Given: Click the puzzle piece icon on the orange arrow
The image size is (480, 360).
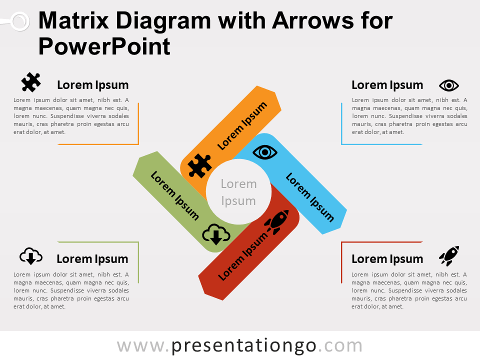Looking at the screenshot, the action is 200,165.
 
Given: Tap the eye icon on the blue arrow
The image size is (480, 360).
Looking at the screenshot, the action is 265,152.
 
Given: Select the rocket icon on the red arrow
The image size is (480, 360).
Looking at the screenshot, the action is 276,222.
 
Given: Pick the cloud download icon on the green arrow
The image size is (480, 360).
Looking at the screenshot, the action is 216,234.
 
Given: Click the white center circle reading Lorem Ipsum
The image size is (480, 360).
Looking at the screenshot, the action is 239,192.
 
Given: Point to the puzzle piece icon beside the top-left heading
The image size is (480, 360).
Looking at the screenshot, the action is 31,82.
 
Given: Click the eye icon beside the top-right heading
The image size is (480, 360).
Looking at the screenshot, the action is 449,85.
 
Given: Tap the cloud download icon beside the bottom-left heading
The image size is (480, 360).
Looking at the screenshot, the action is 31,256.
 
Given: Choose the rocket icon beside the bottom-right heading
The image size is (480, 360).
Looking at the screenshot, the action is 449,256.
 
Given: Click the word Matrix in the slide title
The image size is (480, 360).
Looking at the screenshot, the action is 74,20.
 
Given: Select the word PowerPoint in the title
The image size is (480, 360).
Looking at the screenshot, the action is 104,46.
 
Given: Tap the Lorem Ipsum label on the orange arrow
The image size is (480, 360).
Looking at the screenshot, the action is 242,126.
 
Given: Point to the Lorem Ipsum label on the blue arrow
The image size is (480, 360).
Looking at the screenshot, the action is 310,197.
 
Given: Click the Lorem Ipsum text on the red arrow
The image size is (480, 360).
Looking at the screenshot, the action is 242,256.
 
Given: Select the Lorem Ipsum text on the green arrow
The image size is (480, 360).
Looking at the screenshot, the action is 175,195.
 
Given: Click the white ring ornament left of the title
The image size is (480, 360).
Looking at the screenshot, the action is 20,21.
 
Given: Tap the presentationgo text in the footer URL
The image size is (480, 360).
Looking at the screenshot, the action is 243,346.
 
